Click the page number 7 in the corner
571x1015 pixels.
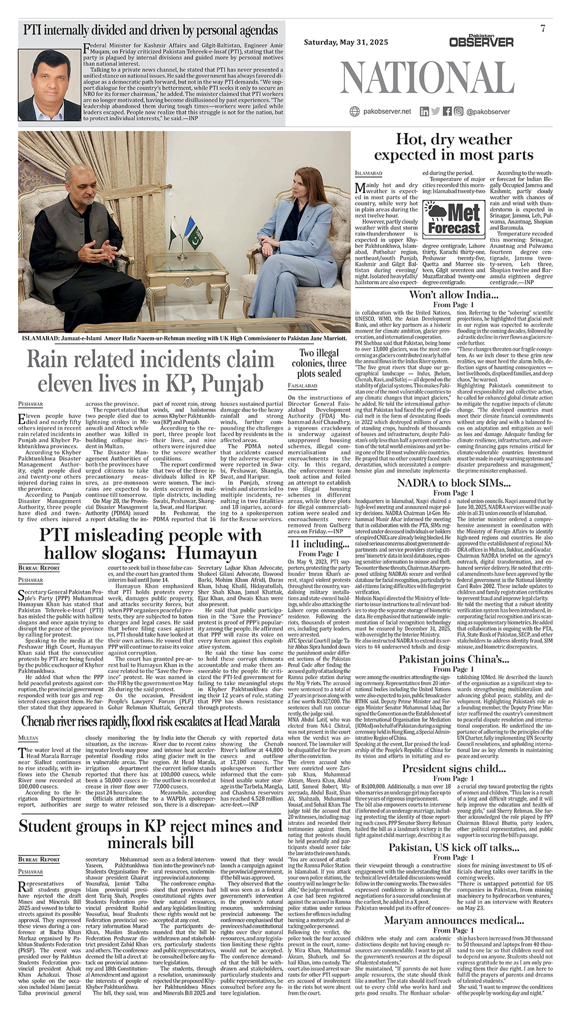pos(543,29)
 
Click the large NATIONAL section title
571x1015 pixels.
pos(427,76)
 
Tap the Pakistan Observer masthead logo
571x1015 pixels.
pos(481,40)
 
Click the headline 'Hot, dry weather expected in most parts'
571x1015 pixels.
pos(453,147)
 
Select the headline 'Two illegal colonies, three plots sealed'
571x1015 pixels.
pos(319,363)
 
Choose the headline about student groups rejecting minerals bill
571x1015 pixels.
pos(151,834)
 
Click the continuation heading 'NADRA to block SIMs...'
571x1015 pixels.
pos(453,483)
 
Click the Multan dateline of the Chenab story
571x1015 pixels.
pos(29,738)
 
